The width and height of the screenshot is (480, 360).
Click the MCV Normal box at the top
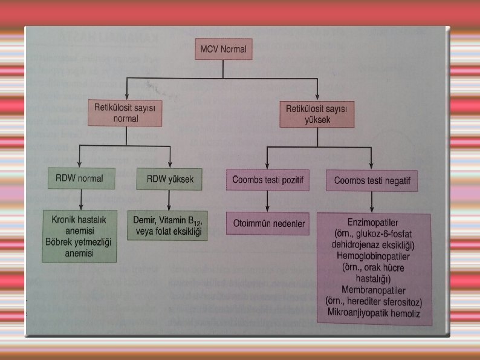[x=223, y=50]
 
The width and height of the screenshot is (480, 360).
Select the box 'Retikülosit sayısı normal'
[x=126, y=113]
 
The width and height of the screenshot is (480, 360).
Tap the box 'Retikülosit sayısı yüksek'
[x=317, y=114]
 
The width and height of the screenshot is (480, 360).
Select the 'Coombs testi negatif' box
[x=372, y=180]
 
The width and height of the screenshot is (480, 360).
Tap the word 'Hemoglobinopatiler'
[x=374, y=257]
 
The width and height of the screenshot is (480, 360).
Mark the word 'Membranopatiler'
[x=374, y=290]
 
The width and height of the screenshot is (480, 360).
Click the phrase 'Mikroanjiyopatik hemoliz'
[x=374, y=313]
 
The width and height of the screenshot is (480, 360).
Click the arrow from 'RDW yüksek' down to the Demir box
[x=170, y=200]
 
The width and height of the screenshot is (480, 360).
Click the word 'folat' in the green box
[x=173, y=232]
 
